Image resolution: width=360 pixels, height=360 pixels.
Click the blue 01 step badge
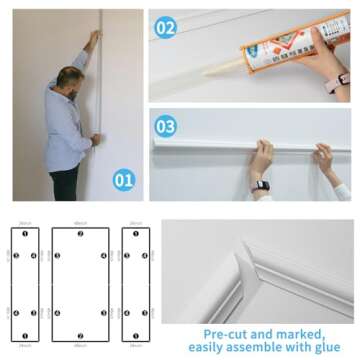(123, 181)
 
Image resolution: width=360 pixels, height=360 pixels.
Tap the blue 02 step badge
(166, 28)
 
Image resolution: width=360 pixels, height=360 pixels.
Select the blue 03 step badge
(166, 126)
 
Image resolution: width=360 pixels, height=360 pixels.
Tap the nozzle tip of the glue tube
(210, 72)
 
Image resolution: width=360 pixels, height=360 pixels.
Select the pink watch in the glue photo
(343, 78)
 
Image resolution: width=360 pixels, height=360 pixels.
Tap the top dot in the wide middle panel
(80, 234)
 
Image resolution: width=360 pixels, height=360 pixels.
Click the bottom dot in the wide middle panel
(80, 337)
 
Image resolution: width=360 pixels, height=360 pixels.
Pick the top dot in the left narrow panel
(25, 234)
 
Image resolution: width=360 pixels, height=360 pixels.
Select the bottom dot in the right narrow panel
(135, 337)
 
